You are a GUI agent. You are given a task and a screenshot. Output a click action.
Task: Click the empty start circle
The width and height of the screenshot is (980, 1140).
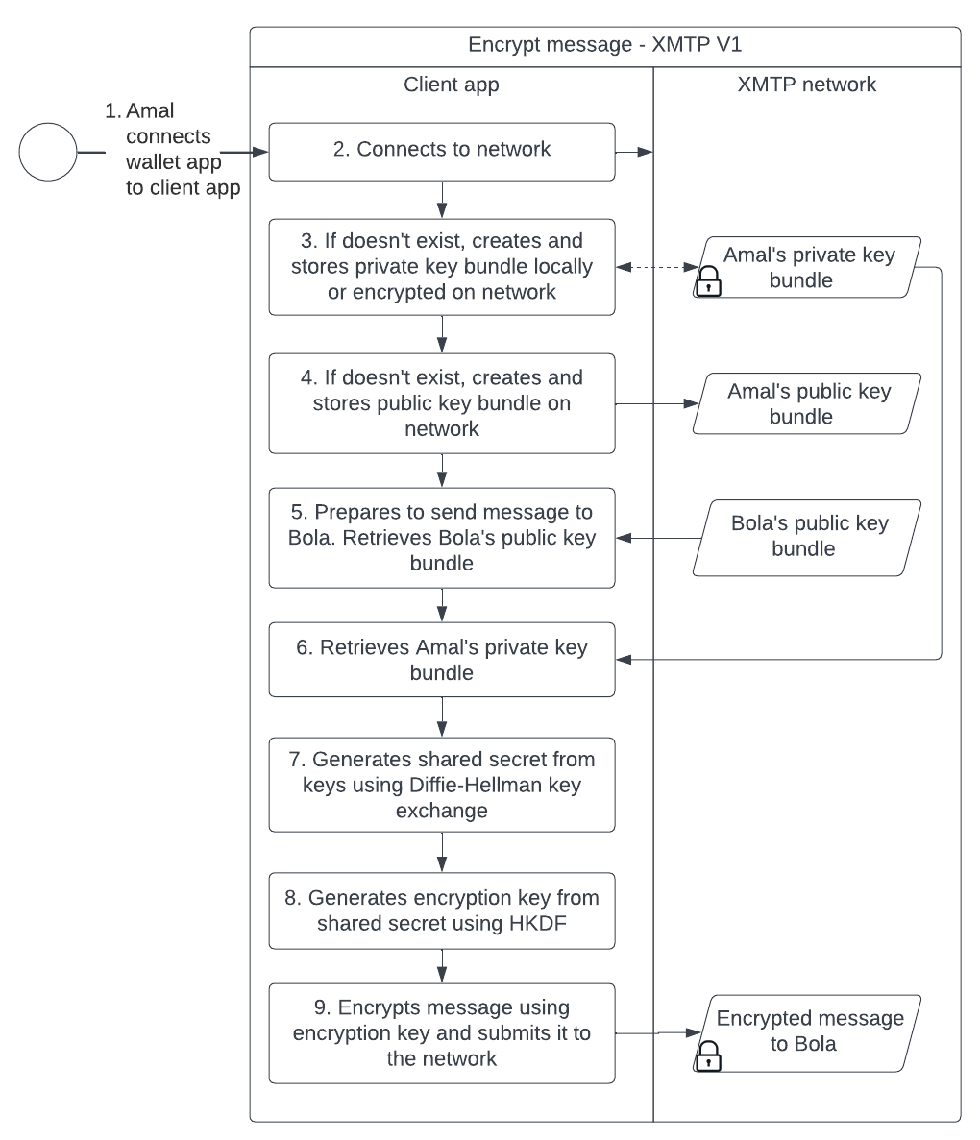[x=48, y=152]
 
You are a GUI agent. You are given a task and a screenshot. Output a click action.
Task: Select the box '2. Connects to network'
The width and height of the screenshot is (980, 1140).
[x=441, y=151]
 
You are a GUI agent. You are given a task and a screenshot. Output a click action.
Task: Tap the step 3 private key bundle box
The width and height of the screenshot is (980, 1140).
[x=441, y=266]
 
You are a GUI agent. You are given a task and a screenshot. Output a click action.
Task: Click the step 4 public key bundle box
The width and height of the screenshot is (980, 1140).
[x=441, y=403]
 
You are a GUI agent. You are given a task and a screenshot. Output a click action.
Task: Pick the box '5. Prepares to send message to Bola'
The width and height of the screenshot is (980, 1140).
[x=441, y=538]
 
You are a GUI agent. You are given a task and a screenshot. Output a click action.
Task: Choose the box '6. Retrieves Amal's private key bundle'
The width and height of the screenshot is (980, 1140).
[x=441, y=660]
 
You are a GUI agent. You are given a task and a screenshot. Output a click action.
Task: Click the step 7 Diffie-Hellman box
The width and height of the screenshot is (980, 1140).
[x=441, y=785]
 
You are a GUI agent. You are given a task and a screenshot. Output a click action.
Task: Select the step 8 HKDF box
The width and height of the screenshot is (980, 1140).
[x=441, y=910]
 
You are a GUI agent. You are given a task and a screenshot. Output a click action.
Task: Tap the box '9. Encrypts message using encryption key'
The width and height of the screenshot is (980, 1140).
[x=441, y=1033]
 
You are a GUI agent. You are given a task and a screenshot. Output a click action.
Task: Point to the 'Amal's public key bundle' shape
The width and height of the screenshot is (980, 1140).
[x=808, y=403]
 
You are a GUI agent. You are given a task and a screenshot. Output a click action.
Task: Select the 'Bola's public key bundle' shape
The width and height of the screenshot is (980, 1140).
[x=808, y=537]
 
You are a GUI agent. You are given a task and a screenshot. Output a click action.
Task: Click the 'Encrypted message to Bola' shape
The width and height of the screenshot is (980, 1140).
[x=808, y=1031]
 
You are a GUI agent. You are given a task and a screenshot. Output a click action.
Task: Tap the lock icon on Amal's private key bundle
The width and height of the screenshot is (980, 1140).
[x=708, y=282]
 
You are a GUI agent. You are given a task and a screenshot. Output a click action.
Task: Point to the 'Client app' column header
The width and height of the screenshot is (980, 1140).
[x=451, y=85]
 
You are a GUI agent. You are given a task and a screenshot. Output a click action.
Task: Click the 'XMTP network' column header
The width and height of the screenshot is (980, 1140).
[x=806, y=85]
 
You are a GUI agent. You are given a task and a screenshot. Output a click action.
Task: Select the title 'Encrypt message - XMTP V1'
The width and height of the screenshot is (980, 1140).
[x=604, y=45]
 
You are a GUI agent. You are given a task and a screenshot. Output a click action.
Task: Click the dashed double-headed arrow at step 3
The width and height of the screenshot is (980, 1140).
[x=654, y=268]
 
